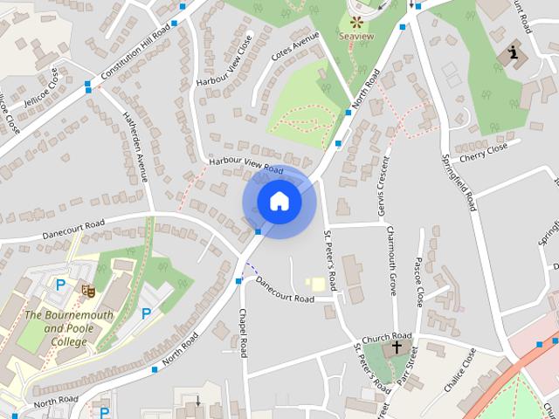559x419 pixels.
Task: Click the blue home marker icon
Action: point(279,202)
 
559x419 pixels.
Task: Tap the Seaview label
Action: point(356,38)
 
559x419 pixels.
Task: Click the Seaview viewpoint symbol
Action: point(356,22)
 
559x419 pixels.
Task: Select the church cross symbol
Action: point(397,347)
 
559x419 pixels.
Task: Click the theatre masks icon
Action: point(87,290)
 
